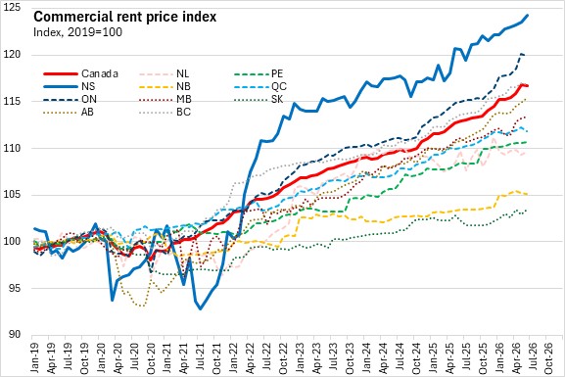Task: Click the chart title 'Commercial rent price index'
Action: click(x=124, y=17)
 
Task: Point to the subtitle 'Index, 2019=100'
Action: click(x=77, y=32)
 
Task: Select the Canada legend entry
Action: click(x=80, y=73)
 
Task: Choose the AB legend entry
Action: click(x=69, y=112)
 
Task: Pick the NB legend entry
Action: click(x=165, y=86)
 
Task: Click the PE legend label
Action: click(x=277, y=73)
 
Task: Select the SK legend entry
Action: click(x=259, y=99)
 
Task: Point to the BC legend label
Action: click(x=183, y=112)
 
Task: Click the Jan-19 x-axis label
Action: click(x=34, y=357)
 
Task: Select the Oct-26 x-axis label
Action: click(x=548, y=357)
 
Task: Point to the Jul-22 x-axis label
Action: click(x=266, y=357)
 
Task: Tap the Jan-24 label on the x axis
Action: click(x=366, y=357)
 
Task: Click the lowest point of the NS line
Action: click(x=201, y=308)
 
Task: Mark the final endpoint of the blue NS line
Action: click(x=528, y=15)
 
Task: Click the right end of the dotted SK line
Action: click(x=527, y=211)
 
